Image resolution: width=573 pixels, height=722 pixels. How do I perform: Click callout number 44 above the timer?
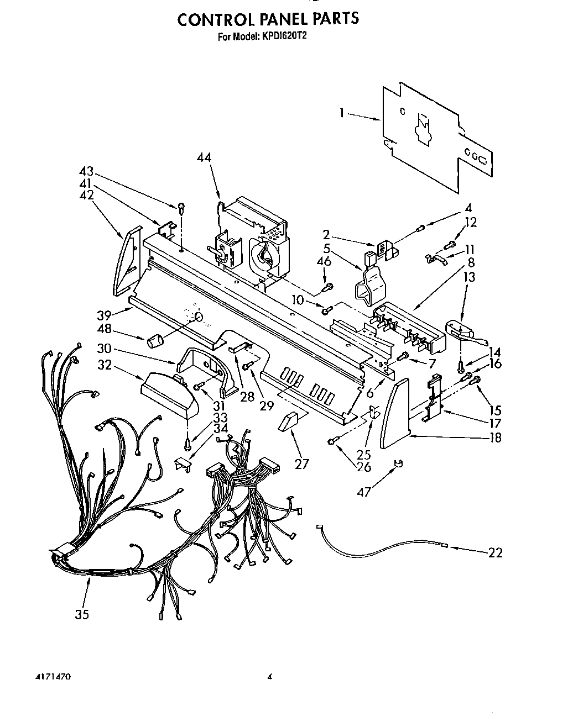204,157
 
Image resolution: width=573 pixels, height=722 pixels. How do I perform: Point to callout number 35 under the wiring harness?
82,614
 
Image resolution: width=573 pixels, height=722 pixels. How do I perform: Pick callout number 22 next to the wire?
495,552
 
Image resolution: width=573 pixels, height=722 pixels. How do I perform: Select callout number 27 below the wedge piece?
301,463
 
